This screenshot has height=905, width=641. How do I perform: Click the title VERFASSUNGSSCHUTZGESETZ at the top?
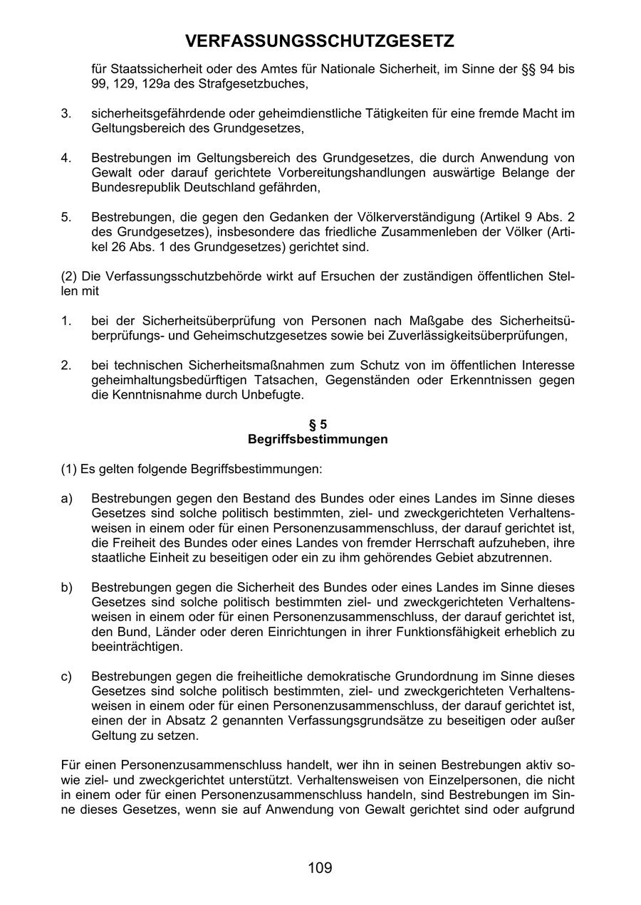320,42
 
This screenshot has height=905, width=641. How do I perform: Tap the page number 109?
320,868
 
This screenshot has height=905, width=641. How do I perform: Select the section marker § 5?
318,425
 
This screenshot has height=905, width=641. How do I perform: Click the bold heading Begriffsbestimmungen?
318,439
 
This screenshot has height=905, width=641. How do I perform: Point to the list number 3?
66,114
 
